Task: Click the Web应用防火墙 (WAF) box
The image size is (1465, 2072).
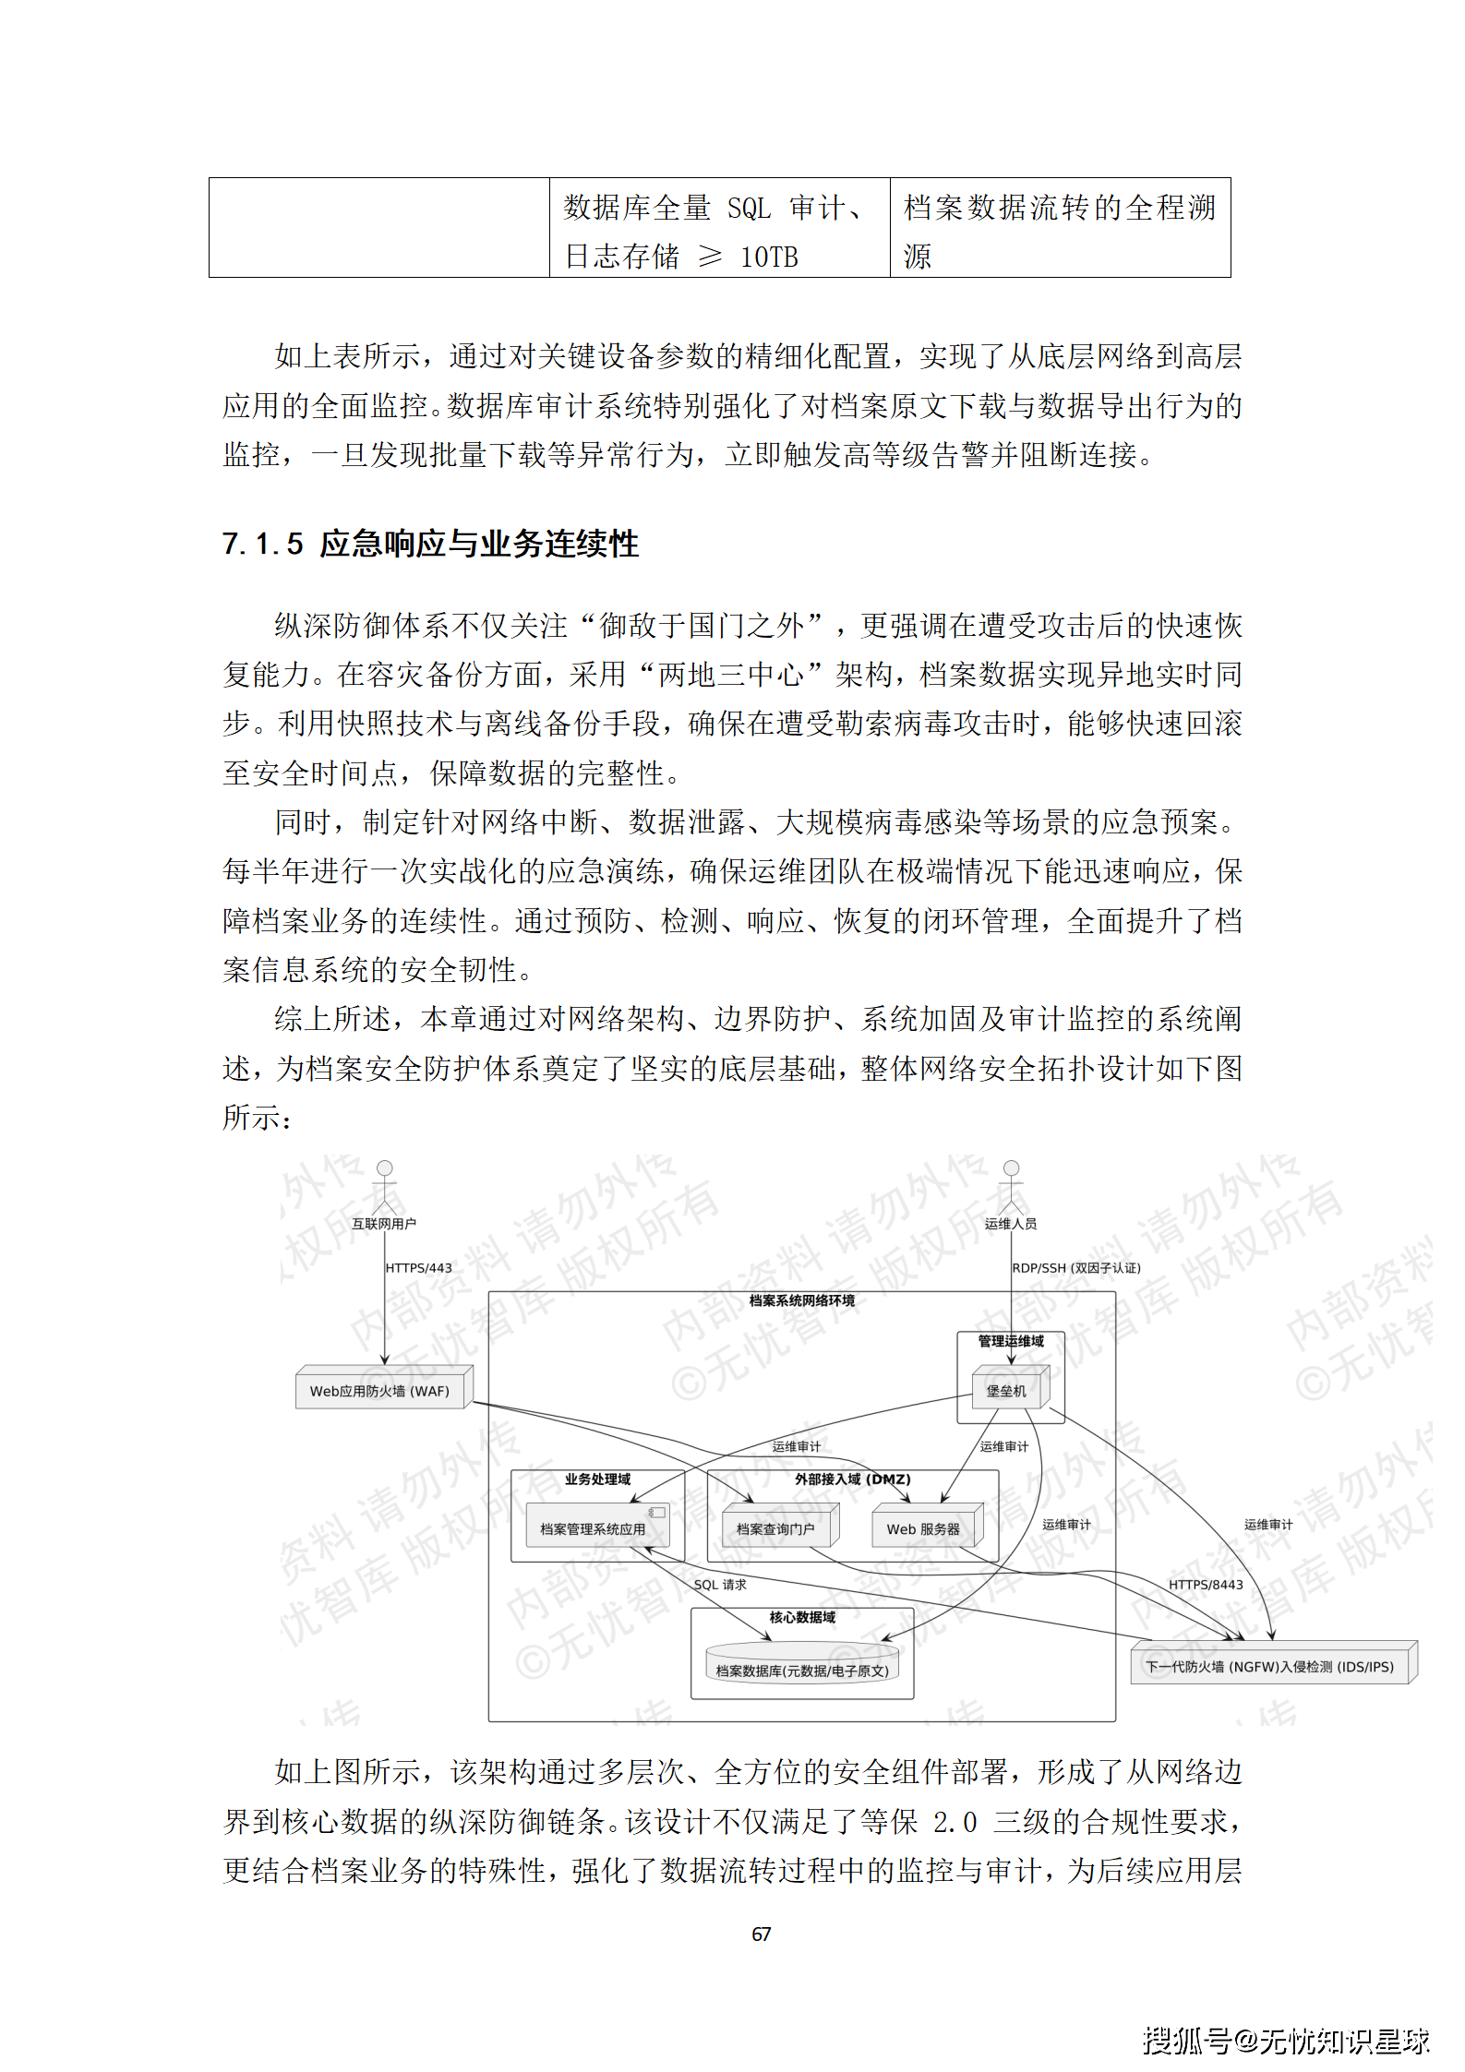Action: [381, 1390]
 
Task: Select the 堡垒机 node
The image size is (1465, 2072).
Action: [1007, 1390]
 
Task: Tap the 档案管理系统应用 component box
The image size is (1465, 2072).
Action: [595, 1528]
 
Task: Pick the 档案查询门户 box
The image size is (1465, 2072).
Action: [776, 1528]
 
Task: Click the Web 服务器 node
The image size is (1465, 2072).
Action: [924, 1528]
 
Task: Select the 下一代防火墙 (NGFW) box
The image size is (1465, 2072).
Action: [1271, 1666]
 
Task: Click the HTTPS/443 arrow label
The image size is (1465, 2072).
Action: [419, 1268]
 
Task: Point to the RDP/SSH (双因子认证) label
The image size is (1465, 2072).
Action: [1076, 1268]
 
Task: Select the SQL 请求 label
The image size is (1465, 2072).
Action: [720, 1585]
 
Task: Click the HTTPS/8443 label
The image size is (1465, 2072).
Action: [1206, 1585]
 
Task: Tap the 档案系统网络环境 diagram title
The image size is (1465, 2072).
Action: [801, 1300]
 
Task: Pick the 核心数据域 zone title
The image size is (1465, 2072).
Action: [802, 1617]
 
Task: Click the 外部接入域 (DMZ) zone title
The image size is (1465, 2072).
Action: [852, 1479]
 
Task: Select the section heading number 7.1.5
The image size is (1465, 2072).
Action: [263, 544]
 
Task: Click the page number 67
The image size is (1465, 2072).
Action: [762, 1934]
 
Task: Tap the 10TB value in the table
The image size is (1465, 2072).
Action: [769, 257]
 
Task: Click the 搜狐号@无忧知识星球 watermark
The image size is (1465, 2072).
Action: [1286, 2041]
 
